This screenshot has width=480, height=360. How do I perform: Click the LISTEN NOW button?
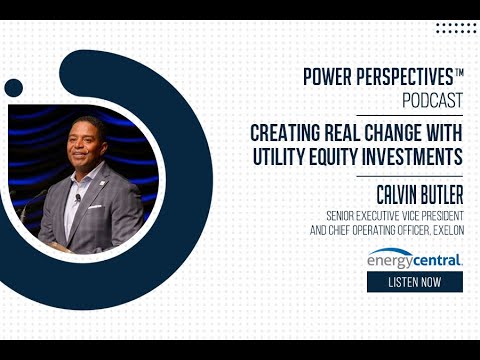pyautogui.click(x=414, y=282)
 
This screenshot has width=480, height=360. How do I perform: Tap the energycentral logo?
pyautogui.click(x=414, y=260)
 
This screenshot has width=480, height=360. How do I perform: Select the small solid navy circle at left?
pyautogui.click(x=14, y=88)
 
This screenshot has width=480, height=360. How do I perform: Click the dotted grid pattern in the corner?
pyautogui.click(x=456, y=28)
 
